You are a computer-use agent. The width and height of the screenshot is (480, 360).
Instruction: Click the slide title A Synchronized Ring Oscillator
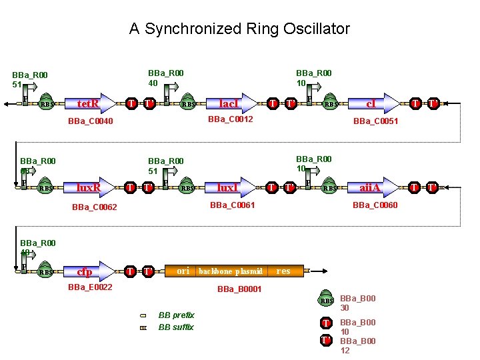tap(239, 29)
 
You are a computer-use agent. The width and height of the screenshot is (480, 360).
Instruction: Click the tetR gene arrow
tap(90, 103)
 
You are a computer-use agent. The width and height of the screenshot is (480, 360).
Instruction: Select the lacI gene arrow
tap(231, 103)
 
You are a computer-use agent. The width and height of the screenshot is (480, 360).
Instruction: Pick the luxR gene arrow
tap(90, 188)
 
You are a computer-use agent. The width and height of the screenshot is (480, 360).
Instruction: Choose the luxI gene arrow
tap(231, 188)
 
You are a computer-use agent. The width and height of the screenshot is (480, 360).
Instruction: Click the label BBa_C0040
tap(91, 121)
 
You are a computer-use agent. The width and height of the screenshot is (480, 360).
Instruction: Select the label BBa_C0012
tap(231, 119)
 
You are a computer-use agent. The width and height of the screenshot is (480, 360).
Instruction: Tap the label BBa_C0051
tap(375, 121)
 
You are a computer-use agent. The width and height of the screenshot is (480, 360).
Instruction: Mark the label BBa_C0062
tap(94, 207)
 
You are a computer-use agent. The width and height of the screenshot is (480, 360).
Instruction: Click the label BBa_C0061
tap(233, 205)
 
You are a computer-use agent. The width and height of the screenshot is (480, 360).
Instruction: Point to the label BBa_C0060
tap(375, 205)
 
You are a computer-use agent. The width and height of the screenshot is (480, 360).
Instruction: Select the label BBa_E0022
tap(90, 287)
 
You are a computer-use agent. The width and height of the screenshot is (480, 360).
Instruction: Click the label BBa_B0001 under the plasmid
tap(239, 289)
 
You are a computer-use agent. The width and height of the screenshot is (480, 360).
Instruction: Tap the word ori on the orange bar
tap(183, 271)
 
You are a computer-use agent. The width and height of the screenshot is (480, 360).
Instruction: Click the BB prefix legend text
tap(176, 315)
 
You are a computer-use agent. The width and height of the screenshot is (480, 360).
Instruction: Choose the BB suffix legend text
tap(176, 327)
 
